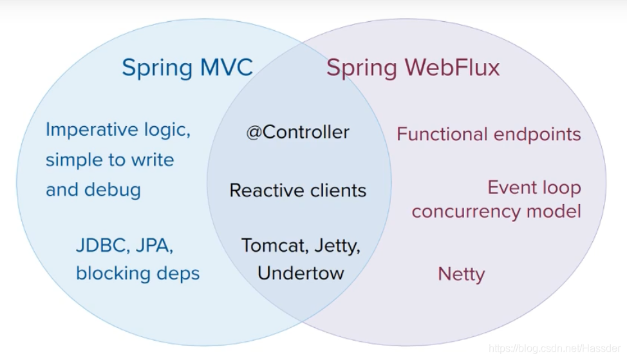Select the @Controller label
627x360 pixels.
tap(297, 132)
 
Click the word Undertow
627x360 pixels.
tap(301, 272)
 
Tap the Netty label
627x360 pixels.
tap(461, 274)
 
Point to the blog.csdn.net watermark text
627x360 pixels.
tap(554, 348)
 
